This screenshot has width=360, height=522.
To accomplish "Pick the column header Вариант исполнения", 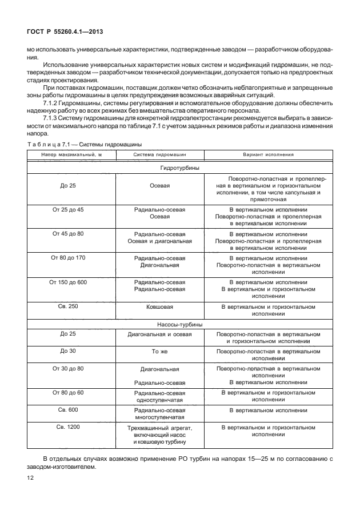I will [269, 154].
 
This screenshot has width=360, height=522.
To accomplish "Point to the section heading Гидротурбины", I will [179, 169].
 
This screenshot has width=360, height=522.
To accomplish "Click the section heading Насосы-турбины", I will [179, 324].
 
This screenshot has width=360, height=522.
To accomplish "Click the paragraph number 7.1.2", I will [53, 103].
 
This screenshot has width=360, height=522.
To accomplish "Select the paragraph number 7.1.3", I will [53, 118].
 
